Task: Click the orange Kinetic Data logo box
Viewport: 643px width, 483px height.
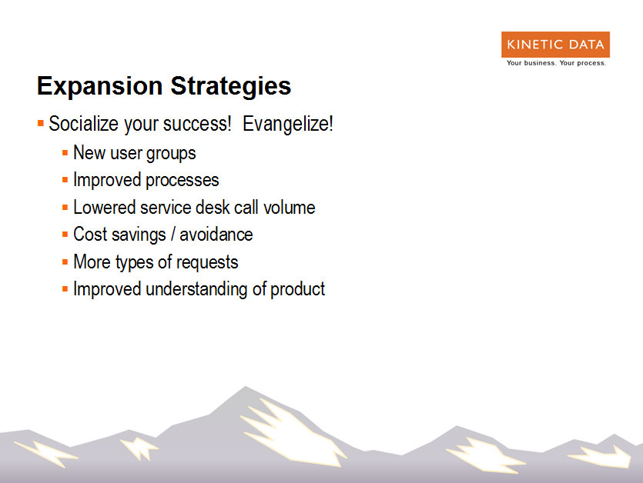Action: point(555,45)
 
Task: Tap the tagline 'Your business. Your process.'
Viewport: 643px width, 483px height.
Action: point(556,63)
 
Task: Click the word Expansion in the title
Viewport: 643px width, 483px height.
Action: point(99,86)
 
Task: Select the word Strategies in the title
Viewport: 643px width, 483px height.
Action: point(231,86)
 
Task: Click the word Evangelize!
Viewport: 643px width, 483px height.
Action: point(287,124)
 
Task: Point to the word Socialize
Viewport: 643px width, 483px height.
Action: point(84,123)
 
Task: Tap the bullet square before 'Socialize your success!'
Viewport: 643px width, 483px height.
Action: point(41,123)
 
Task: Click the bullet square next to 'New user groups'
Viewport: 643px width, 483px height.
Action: point(65,153)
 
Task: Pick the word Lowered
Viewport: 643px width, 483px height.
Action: point(104,208)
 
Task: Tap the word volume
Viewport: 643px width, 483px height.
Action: point(289,208)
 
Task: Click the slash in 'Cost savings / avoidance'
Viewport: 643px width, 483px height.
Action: point(173,235)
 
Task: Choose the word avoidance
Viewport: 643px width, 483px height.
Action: point(216,235)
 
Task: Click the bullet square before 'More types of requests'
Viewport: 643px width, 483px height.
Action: point(65,261)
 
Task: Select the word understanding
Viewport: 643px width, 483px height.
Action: point(196,290)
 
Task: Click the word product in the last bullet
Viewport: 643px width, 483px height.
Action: point(298,290)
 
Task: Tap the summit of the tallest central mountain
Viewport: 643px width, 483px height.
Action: point(245,386)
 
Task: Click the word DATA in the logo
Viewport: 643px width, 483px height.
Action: point(587,45)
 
